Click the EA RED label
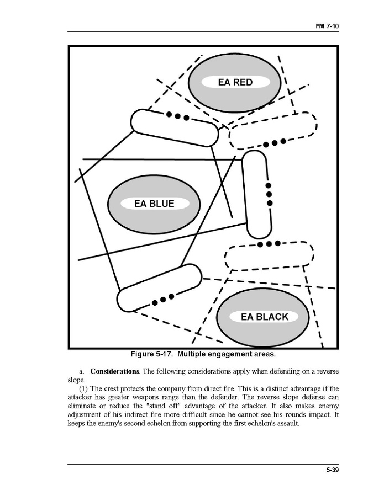235,82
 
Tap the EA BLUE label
154,204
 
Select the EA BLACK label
265,317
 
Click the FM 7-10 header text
327,26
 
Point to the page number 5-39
332,470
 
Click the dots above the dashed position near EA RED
274,143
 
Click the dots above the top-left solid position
178,116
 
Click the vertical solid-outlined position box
257,194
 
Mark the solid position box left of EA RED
174,127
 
